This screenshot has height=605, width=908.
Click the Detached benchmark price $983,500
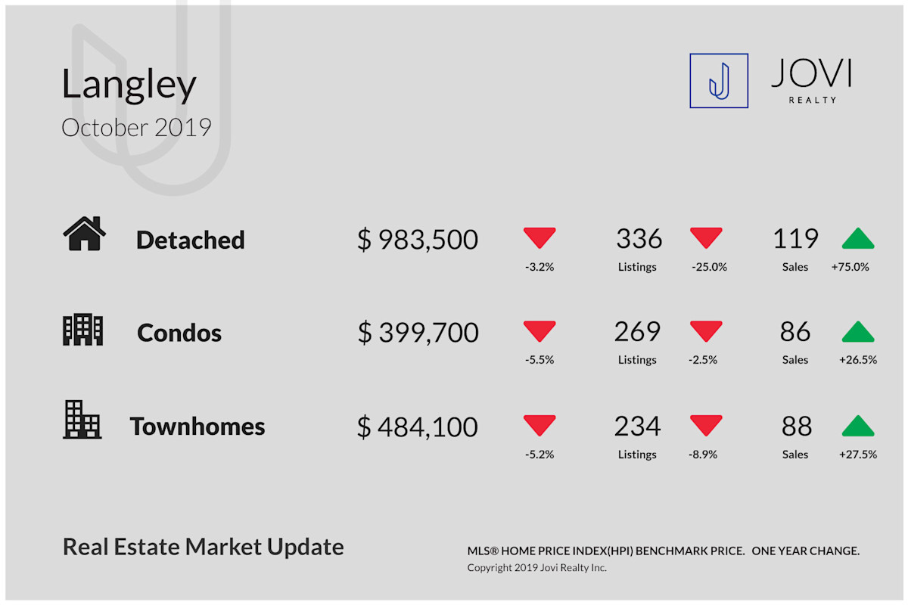(418, 240)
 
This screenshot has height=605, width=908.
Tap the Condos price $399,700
(418, 332)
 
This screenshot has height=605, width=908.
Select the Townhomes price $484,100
(418, 427)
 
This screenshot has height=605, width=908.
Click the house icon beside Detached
(84, 234)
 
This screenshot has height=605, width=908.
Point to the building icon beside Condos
(82, 330)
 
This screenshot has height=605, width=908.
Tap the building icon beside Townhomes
(82, 420)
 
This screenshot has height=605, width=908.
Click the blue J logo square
(719, 81)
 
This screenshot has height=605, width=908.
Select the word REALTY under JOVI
(813, 100)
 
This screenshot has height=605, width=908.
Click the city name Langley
(129, 84)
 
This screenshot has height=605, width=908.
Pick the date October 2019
(137, 127)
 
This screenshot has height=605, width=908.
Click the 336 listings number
(639, 238)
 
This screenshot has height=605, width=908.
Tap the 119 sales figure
(795, 238)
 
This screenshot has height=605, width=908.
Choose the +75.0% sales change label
(850, 267)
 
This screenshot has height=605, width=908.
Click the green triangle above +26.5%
(858, 331)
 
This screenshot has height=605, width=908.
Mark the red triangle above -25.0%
(706, 238)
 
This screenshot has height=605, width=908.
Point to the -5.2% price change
(540, 455)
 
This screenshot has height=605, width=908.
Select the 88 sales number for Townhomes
(797, 427)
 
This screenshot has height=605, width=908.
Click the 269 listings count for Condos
(637, 331)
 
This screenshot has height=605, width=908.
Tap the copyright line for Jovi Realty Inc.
(536, 568)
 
